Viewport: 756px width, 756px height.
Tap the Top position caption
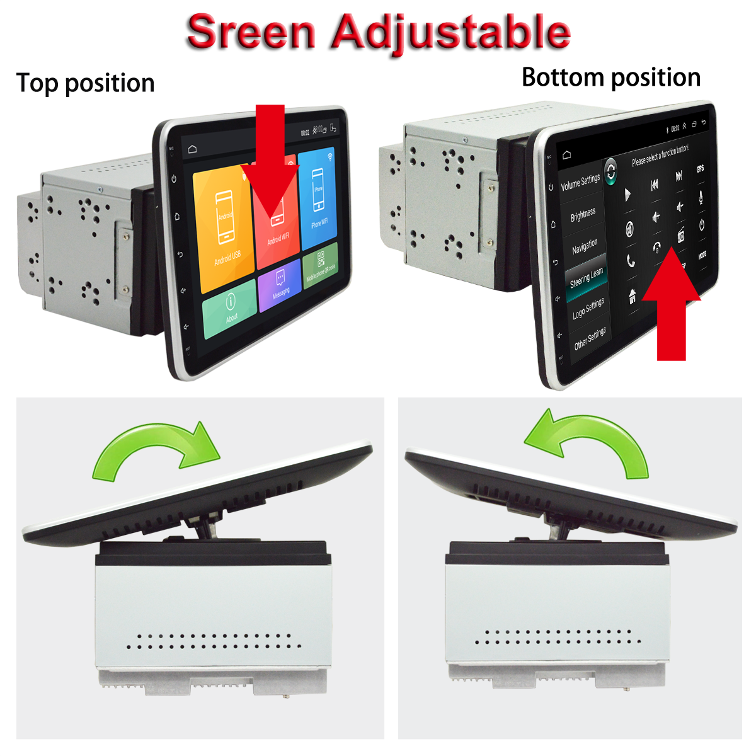coord(86,83)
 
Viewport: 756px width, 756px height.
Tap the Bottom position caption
coord(611,77)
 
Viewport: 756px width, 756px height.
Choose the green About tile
coord(230,309)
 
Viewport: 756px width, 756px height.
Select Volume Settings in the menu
coord(580,183)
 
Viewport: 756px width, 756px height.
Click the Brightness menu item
coord(583,215)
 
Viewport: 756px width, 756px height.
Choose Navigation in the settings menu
coord(585,246)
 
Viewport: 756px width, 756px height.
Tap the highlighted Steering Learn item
coord(586,278)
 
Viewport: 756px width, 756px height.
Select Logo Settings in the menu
coord(588,309)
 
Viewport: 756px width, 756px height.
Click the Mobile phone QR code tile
coord(321,265)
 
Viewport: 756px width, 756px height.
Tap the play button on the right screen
coord(627,195)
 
